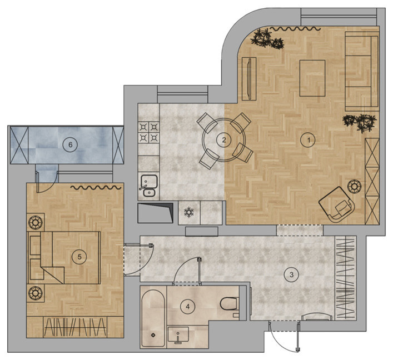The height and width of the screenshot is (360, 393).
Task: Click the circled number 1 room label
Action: pos(308,140)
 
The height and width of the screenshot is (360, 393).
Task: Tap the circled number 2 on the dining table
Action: pos(224,140)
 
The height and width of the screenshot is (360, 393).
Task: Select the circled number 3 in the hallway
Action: pos(291,274)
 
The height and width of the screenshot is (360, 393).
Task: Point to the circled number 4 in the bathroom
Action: pos(188,306)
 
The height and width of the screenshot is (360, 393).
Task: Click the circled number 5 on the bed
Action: pos(79,257)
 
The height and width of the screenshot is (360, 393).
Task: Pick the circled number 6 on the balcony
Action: pos(70,144)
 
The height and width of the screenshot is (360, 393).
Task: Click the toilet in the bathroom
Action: pos(230,304)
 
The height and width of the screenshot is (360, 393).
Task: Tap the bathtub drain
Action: pos(153,335)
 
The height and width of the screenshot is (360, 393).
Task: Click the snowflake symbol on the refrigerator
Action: pos(188,212)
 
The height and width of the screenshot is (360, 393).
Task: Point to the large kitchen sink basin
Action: pos(149,182)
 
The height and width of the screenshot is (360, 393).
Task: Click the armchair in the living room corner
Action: pos(337,204)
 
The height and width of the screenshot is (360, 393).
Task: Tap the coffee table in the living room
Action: pos(312,78)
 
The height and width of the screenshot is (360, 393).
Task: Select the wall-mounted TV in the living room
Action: pos(249,79)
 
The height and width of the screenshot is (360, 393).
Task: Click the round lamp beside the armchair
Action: pos(354,186)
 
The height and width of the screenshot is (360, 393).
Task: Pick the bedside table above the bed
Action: pos(36,222)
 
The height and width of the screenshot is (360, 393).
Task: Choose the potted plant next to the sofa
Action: pos(360,122)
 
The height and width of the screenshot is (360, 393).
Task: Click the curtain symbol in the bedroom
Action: pos(96,187)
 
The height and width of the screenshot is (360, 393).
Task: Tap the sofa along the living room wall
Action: pos(362,72)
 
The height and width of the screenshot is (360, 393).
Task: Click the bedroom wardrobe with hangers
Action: pos(75,327)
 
